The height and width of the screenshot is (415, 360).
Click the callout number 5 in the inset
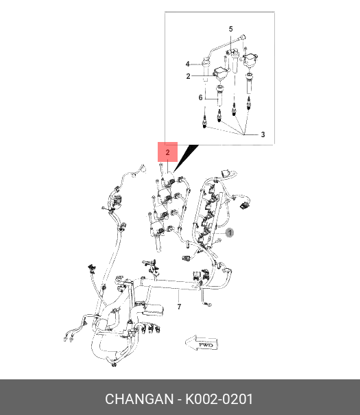coord(230,29)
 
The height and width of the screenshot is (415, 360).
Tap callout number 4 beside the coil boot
coord(187,64)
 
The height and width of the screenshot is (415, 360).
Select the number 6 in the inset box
coord(200,97)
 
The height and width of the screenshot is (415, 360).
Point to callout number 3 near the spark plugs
coord(263,134)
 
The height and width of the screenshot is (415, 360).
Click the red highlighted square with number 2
coord(168,152)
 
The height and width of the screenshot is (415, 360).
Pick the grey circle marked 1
coord(230,233)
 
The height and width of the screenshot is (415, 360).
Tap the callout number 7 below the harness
coord(180,307)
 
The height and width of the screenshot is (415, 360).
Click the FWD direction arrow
coord(202,344)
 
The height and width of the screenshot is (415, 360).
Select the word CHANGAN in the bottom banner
coord(139,399)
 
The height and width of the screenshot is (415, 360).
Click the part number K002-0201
coord(219,399)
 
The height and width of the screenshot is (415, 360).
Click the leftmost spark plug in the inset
coord(204,122)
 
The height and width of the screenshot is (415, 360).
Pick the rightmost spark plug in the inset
coord(249,104)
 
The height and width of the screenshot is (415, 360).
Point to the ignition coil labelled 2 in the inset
coord(220,74)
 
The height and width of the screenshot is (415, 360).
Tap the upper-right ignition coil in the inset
coord(250,60)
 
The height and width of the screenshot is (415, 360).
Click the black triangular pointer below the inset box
coord(186,158)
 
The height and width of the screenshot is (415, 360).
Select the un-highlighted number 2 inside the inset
coord(188,76)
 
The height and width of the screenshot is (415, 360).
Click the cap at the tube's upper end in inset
coord(243,37)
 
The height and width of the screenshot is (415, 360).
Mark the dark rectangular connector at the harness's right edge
coord(244,204)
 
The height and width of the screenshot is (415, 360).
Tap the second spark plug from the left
coord(219,116)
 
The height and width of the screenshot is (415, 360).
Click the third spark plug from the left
coord(234,109)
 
